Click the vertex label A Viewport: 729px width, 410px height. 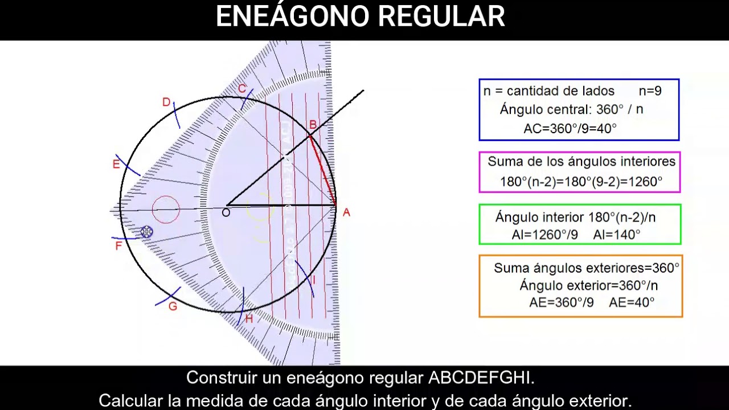coord(346,212)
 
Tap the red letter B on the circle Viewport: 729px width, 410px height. coord(313,125)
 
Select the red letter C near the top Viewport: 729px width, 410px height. coord(242,89)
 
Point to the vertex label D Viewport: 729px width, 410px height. coord(166,102)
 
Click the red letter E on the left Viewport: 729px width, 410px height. coord(116,165)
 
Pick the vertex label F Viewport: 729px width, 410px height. coord(118,246)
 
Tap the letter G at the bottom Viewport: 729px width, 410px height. coord(173,306)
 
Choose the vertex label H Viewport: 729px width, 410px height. coord(249,319)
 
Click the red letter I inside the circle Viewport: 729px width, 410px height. coord(314,281)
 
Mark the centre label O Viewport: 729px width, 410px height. coord(226,213)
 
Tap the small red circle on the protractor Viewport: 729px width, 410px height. coord(166,209)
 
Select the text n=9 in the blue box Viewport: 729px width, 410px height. coord(650,91)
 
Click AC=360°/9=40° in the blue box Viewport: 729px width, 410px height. coord(570,129)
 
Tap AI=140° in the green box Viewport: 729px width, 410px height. coord(617,235)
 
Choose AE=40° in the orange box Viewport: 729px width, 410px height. coord(632,302)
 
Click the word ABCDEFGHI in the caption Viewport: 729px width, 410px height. coord(481,378)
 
